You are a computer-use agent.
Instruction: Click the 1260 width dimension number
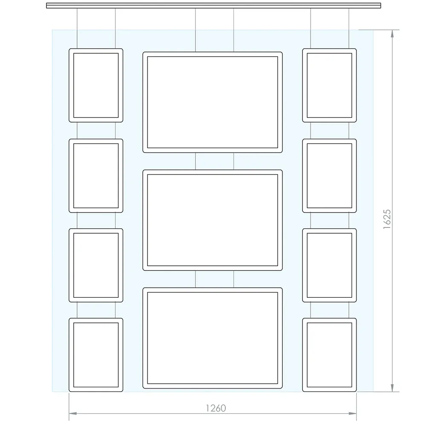pyautogui.click(x=216, y=408)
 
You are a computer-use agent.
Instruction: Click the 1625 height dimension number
pyautogui.click(x=387, y=219)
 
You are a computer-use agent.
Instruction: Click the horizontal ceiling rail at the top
pyautogui.click(x=213, y=6)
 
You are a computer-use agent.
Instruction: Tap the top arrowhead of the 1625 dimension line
pyautogui.click(x=392, y=34)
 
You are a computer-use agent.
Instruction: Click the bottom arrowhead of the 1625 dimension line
pyautogui.click(x=392, y=388)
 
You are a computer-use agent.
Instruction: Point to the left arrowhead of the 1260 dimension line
pyautogui.click(x=73, y=414)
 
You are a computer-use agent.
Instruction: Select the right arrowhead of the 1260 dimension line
pyautogui.click(x=352, y=414)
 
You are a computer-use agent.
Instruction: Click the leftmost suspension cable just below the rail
pyautogui.click(x=77, y=28)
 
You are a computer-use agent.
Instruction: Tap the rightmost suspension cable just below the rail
pyautogui.click(x=349, y=28)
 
